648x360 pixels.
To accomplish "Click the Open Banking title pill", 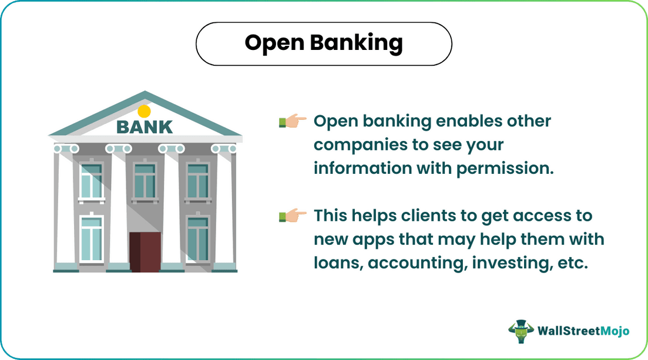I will [x=324, y=43].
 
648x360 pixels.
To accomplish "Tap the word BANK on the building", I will [x=145, y=126].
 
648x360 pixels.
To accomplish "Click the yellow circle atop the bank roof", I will [x=145, y=111].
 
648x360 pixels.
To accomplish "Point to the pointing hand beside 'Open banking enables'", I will [x=293, y=122].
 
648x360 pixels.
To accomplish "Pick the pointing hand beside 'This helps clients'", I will [x=293, y=216].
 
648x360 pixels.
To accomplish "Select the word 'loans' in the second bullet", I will [x=337, y=263].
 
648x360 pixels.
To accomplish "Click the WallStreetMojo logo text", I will [x=583, y=331].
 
